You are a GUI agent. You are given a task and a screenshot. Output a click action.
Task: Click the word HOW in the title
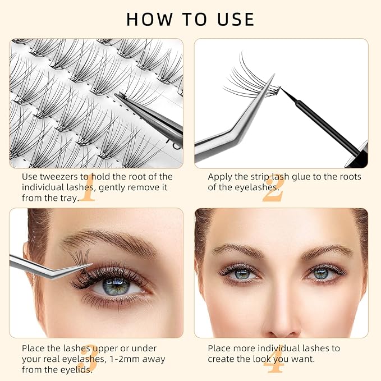(149, 19)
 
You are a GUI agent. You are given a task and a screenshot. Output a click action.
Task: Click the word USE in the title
(236, 19)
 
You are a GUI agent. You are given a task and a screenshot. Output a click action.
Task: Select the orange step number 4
(274, 359)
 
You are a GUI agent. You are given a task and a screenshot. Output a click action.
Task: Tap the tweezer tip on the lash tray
(116, 95)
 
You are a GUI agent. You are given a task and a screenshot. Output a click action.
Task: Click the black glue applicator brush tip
(281, 88)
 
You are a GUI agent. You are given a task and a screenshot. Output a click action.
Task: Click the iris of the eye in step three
(116, 287)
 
